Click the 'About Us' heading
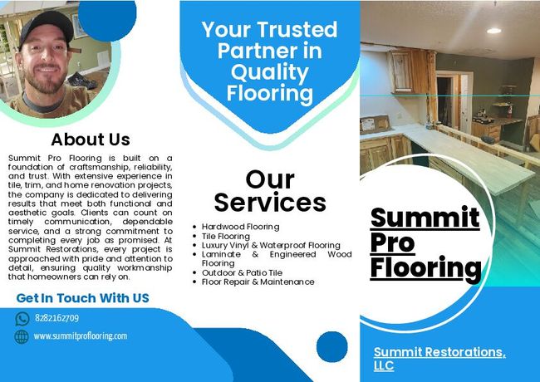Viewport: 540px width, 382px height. [91, 140]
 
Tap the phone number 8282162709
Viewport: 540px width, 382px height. [56, 318]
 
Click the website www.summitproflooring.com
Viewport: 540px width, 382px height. [81, 335]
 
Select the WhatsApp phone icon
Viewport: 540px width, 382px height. [22, 319]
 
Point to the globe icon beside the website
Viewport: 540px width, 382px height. [22, 336]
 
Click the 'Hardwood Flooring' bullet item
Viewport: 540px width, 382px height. [240, 227]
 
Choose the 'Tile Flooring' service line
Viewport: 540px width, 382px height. [226, 236]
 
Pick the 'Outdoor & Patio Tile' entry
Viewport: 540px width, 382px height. [242, 272]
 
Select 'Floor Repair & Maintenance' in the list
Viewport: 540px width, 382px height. [258, 282]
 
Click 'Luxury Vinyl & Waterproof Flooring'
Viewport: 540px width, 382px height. [271, 245]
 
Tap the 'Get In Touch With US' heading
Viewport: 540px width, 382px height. [82, 298]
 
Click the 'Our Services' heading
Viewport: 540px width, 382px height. [270, 191]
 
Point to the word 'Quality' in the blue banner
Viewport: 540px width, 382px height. [270, 73]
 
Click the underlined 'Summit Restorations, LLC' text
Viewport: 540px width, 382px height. [439, 359]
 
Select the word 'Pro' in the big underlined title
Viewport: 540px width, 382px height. [392, 243]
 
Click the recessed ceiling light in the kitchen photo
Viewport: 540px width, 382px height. [493, 31]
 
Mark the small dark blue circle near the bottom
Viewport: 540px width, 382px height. [332, 347]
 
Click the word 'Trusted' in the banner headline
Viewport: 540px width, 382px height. [297, 30]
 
